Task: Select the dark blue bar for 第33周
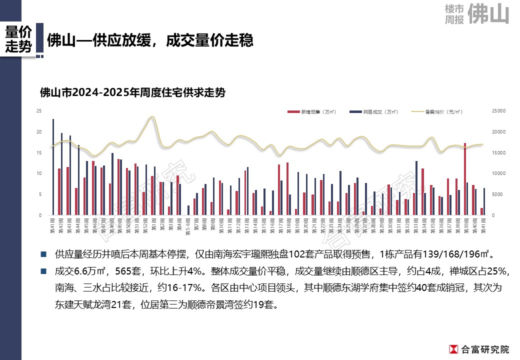(416, 188)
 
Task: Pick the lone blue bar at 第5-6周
(188, 210)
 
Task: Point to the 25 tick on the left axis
(39, 111)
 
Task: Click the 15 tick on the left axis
(39, 153)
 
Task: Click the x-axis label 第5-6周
(188, 223)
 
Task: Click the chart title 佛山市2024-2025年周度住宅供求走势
(132, 93)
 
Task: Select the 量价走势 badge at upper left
(18, 39)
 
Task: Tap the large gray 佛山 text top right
(490, 14)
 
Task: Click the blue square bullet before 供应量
(44, 254)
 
